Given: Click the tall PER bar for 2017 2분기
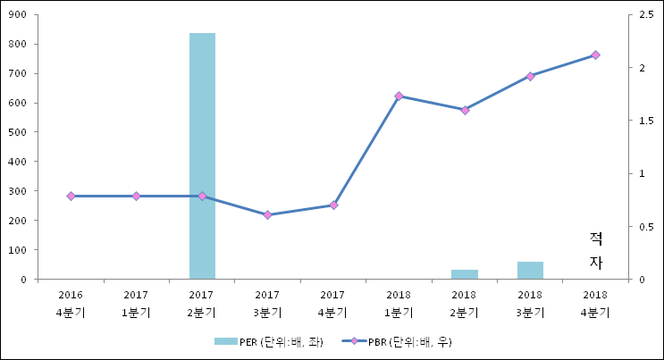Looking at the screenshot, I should [x=202, y=156].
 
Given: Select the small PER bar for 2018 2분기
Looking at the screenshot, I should [x=465, y=274].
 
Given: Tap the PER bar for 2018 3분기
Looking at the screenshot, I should [x=530, y=271].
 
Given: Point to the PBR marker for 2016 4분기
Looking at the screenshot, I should [x=71, y=196].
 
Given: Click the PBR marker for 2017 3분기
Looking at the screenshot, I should [x=267, y=214].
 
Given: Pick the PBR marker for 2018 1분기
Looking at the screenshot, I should [x=399, y=96].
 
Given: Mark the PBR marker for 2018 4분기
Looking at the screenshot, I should [x=595, y=55].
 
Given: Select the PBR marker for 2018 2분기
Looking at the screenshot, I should [x=465, y=110].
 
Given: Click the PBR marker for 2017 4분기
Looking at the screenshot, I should [x=333, y=205].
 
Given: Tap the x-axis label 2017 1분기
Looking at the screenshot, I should [x=136, y=304].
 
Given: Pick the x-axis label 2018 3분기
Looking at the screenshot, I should [x=530, y=304].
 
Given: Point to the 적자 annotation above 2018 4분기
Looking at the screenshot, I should [x=596, y=250].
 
